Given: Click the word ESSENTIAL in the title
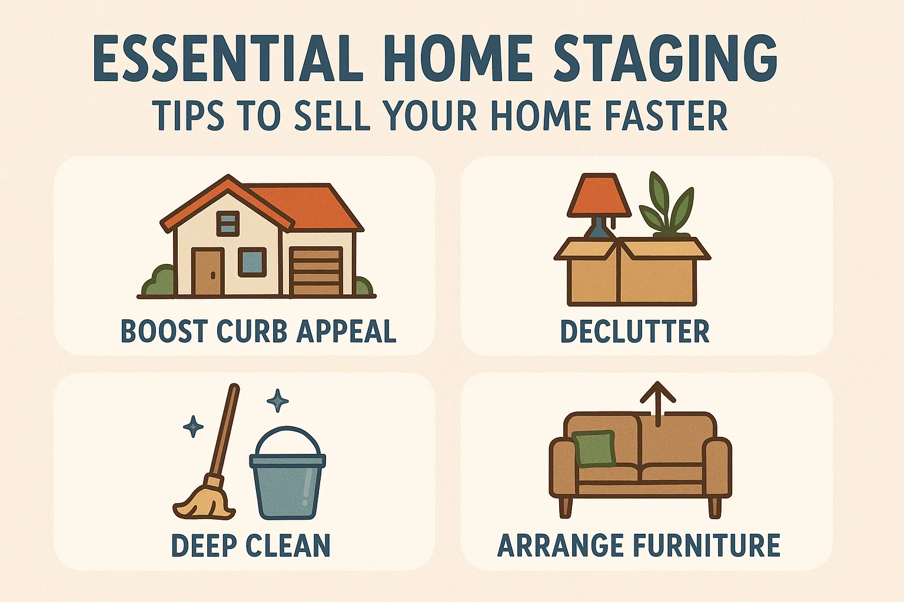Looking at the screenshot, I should coord(227,59).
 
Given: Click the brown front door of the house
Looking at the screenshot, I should coord(208,272).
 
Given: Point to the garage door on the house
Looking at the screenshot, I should coord(316,272).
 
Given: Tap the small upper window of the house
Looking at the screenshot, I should coord(228,223).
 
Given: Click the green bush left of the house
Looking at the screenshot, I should coord(158,281).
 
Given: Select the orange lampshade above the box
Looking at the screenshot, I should coord(599,196).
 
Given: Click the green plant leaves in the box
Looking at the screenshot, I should coord(668,206).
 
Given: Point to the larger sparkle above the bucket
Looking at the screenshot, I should coord(277,401).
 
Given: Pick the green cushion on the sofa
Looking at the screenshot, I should coord(594,449).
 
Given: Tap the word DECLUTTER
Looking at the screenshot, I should coord(634,332).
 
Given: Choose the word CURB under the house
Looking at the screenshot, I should coord(251,332).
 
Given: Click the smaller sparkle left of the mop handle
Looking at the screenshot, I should coord(193,426).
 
